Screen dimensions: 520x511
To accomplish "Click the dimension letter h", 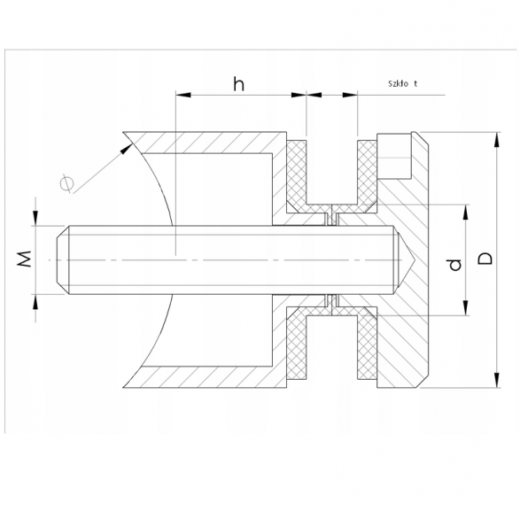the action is pyautogui.click(x=239, y=84).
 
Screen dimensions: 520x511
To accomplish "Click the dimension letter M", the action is pyautogui.click(x=24, y=259).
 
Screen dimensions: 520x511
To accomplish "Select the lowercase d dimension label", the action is pyautogui.click(x=455, y=265).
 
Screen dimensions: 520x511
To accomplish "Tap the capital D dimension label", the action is pyautogui.click(x=485, y=259).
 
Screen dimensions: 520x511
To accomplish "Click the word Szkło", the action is pyautogui.click(x=398, y=83).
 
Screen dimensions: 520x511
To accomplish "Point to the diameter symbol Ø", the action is pyautogui.click(x=66, y=183).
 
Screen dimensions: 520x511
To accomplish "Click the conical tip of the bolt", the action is pyautogui.click(x=404, y=259).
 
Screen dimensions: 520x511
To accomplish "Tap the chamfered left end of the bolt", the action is pyautogui.click(x=62, y=259).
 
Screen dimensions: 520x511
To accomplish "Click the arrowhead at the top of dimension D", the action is pyautogui.click(x=496, y=140).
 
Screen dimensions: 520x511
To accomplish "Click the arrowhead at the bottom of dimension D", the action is pyautogui.click(x=496, y=380).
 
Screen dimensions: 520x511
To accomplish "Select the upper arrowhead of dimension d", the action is pyautogui.click(x=466, y=213).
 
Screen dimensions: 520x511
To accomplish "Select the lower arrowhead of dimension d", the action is pyautogui.click(x=466, y=307).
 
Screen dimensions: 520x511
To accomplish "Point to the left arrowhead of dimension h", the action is pyautogui.click(x=183, y=95).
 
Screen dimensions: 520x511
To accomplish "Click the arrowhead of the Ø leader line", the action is pyautogui.click(x=126, y=149).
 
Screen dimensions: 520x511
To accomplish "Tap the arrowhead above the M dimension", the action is pyautogui.click(x=35, y=218).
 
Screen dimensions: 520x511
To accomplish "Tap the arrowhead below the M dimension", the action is pyautogui.click(x=35, y=302).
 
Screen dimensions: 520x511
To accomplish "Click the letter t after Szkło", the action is pyautogui.click(x=415, y=83).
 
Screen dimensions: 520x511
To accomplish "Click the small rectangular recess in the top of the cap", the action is pyautogui.click(x=394, y=156).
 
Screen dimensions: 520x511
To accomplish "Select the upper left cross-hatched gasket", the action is pyautogui.click(x=296, y=176).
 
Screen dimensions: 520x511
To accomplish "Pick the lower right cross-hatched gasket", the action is pyautogui.click(x=367, y=344).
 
